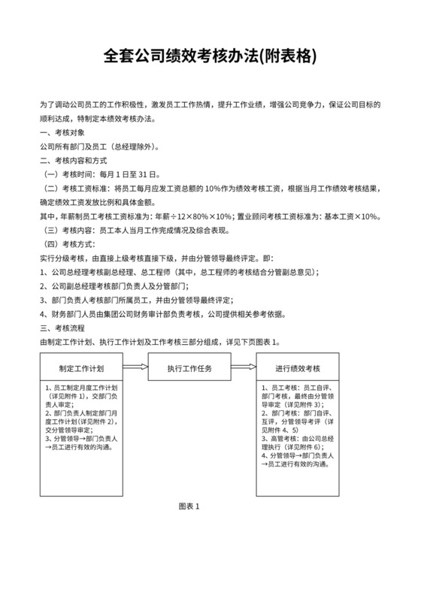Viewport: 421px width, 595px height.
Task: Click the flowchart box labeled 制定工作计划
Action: coord(80,369)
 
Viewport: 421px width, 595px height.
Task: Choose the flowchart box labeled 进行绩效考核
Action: coord(298,369)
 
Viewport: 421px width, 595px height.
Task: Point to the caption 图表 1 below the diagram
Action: coord(189,506)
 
